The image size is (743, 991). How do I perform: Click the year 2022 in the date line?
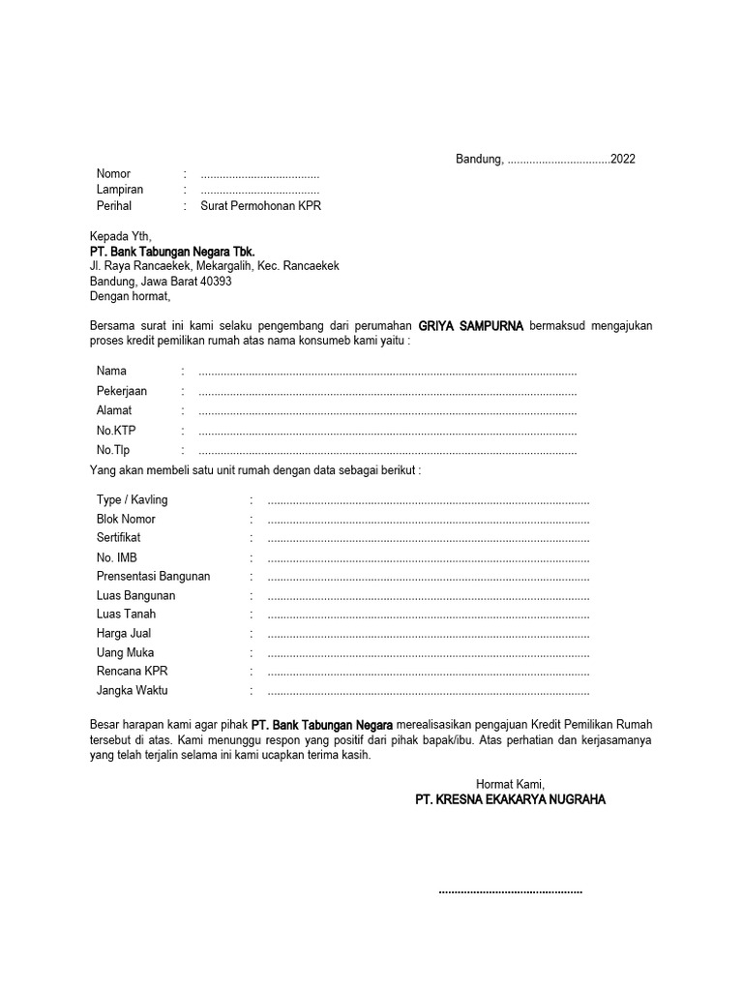click(622, 160)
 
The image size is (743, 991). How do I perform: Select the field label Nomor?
click(113, 174)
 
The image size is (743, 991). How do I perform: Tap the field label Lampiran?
click(120, 190)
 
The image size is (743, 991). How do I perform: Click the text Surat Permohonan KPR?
click(260, 206)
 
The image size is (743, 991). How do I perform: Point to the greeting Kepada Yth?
click(121, 236)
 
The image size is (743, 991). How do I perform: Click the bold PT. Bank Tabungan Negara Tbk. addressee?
click(172, 252)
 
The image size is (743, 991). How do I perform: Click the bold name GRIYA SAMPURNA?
click(470, 326)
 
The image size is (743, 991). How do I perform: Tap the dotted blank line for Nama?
click(387, 373)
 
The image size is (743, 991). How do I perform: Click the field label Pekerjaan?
click(122, 391)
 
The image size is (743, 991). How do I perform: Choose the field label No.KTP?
click(116, 431)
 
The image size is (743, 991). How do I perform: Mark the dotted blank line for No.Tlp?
click(387, 451)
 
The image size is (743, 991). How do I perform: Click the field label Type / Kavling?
click(132, 500)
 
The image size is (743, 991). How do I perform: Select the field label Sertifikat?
click(118, 537)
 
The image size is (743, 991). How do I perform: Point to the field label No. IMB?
click(117, 557)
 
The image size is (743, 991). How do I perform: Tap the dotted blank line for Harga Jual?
click(428, 635)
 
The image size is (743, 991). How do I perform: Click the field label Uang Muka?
click(125, 652)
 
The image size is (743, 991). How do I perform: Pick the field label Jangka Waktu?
click(132, 691)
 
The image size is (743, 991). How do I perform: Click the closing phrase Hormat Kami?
click(510, 784)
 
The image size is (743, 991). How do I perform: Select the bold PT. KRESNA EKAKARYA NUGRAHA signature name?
click(510, 800)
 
